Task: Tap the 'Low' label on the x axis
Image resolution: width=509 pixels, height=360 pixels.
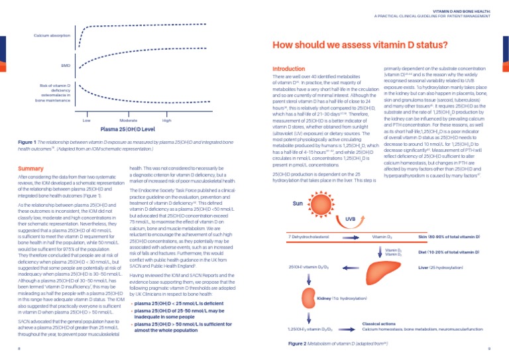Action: click(x=87, y=121)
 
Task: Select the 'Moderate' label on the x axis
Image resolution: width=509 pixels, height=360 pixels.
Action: click(x=128, y=121)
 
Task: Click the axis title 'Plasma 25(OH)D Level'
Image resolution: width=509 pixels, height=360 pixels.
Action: click(x=127, y=130)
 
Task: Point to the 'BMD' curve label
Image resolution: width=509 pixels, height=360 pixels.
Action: click(x=66, y=66)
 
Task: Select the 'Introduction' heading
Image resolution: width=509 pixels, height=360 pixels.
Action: click(x=289, y=68)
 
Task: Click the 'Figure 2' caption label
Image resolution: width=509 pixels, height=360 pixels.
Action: click(x=297, y=345)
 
